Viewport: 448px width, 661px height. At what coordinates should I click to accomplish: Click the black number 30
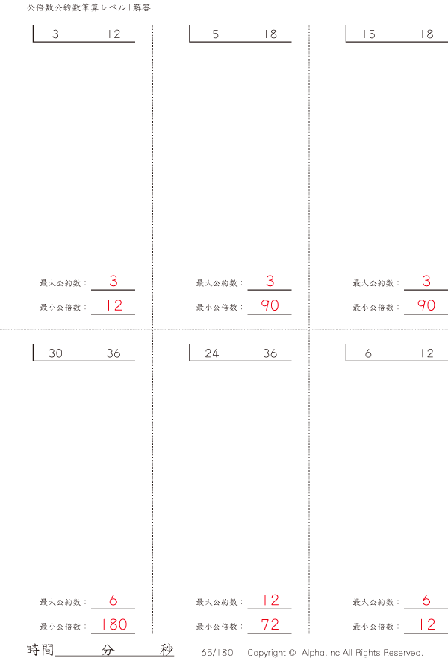[55, 353]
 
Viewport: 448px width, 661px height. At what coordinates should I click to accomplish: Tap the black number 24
[211, 353]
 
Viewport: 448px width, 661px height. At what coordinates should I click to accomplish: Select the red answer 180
[114, 624]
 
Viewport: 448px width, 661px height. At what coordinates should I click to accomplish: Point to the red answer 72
[270, 624]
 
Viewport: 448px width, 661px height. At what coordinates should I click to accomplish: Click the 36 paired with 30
[113, 353]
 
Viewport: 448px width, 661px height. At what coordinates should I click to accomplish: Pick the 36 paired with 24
[270, 353]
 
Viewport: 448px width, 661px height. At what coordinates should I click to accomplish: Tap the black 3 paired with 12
[55, 34]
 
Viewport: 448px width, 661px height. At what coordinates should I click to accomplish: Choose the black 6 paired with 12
[368, 353]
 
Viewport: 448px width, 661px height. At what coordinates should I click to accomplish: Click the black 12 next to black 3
[113, 34]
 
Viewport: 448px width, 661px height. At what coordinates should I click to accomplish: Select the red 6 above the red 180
[113, 600]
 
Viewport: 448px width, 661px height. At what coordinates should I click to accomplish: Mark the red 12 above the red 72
[270, 600]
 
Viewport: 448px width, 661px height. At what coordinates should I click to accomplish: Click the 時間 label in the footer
[40, 650]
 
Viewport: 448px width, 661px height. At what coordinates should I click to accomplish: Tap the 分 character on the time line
[108, 650]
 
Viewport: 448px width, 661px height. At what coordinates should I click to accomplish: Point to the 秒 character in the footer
[167, 650]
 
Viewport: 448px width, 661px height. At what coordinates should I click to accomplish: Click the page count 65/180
[217, 653]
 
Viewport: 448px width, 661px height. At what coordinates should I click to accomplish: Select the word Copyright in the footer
[267, 653]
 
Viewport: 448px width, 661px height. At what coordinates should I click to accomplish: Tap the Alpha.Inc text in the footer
[320, 653]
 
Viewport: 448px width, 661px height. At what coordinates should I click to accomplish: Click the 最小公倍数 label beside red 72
[217, 627]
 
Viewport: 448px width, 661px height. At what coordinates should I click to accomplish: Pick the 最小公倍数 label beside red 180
[60, 627]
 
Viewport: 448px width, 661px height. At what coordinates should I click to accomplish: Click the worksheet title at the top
[89, 7]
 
